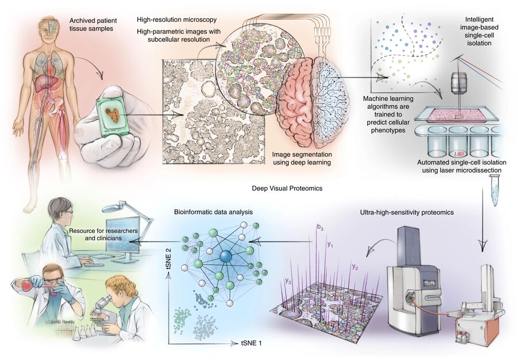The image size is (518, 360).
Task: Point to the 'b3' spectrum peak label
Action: (319, 228)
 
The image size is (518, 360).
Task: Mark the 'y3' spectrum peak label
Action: (287, 281)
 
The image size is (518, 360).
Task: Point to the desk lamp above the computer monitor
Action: (131, 206)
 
